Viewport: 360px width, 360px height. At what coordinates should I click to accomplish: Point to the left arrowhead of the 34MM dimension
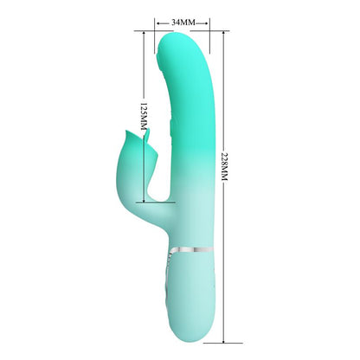159,19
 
